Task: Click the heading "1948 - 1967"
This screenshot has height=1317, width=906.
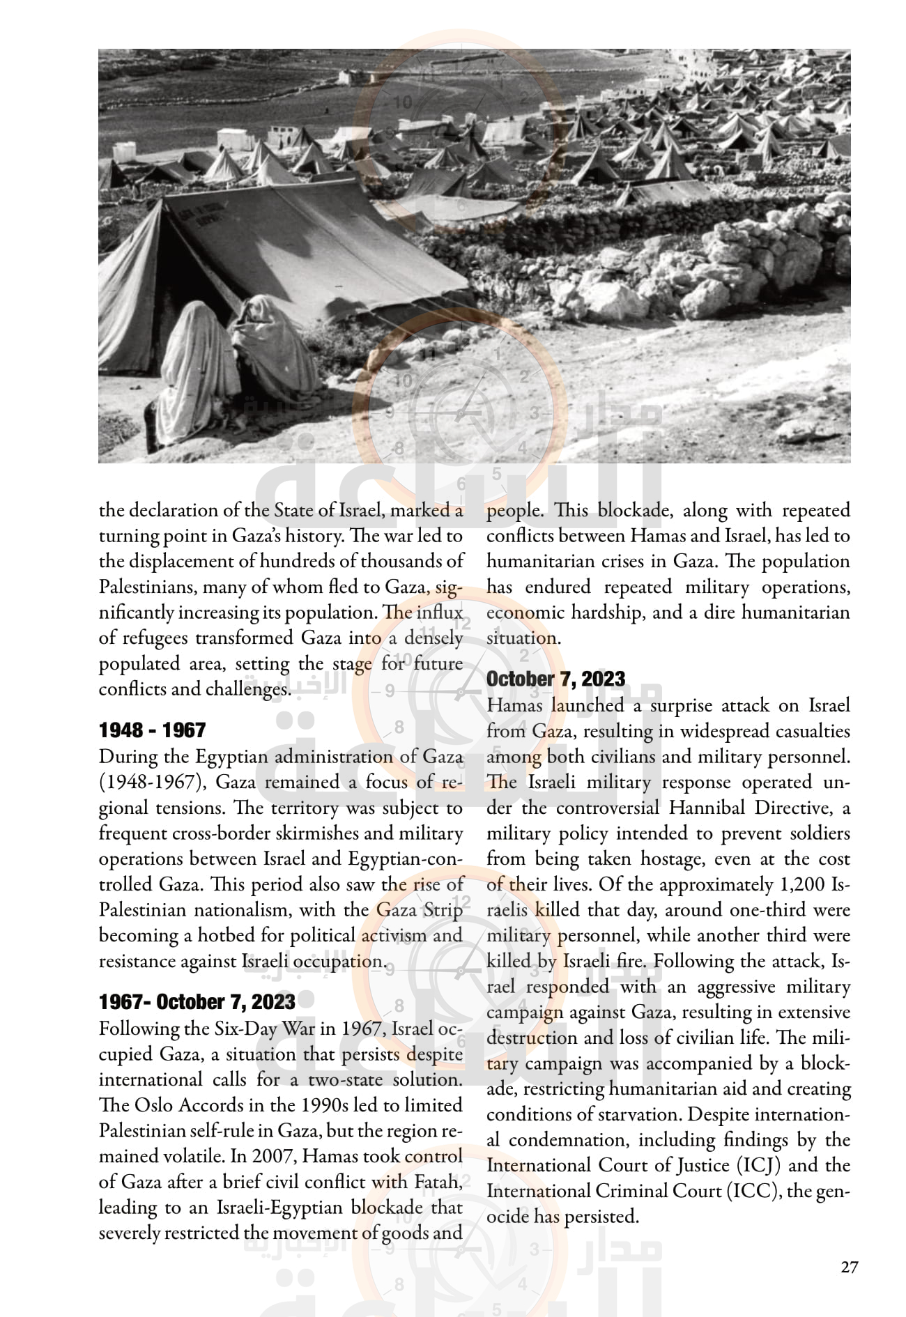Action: [152, 730]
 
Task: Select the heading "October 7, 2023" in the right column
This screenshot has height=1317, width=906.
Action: [555, 679]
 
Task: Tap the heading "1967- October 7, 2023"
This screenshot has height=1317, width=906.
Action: [197, 1002]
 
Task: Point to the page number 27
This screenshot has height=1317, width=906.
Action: [849, 1267]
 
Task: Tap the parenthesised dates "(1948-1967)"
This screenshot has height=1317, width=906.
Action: [152, 783]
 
